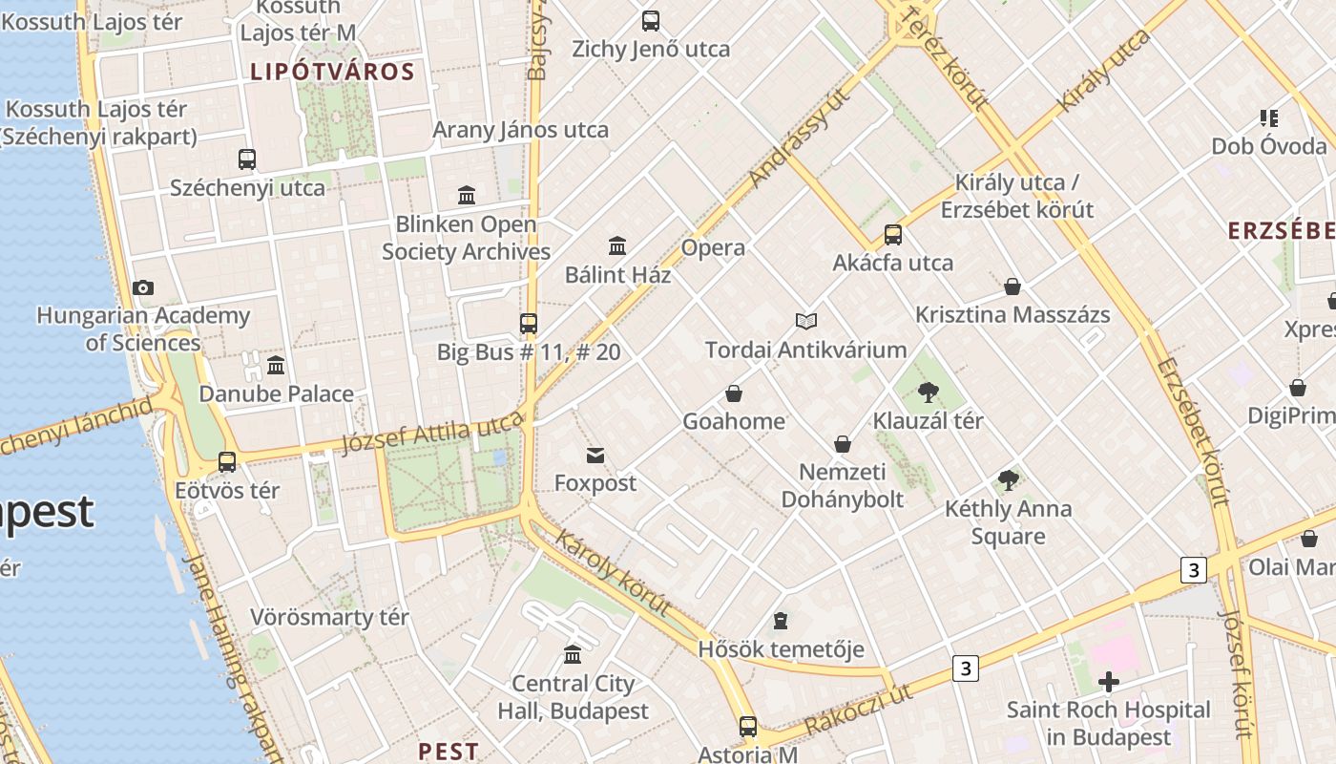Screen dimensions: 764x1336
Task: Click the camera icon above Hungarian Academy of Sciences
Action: tap(143, 287)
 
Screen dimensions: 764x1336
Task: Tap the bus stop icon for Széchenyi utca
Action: tap(247, 159)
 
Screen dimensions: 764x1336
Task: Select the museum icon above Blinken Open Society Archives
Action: tap(467, 196)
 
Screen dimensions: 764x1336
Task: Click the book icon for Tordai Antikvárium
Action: tap(806, 321)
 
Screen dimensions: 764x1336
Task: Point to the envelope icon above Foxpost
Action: tap(595, 455)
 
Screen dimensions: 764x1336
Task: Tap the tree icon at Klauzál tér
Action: tap(928, 392)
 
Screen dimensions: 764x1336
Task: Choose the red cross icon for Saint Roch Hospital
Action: tap(1108, 682)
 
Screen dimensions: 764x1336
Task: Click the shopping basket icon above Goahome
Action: tap(734, 393)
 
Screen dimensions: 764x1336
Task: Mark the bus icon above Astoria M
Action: tap(748, 727)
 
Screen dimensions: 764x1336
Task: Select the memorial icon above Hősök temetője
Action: tap(781, 622)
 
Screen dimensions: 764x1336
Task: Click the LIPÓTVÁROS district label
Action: tap(332, 72)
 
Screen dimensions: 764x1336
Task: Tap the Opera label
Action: tap(713, 248)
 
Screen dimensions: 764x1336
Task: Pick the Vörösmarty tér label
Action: tap(329, 617)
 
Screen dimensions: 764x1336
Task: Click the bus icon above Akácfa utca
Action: tap(893, 235)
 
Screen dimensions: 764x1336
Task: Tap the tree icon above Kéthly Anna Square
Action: tap(1008, 480)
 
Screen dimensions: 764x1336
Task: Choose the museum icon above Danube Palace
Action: tap(276, 365)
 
